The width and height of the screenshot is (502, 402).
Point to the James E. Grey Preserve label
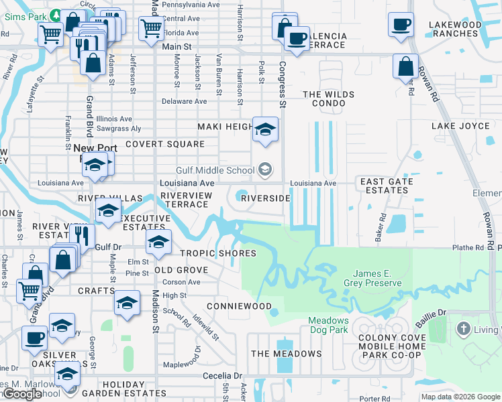pos(377,278)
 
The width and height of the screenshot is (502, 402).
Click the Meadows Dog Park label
pos(328,325)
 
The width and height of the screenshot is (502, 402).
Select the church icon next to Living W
pos(462,329)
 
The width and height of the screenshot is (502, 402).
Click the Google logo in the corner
pos(22,394)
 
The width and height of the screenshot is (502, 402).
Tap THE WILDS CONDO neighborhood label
pos(328,99)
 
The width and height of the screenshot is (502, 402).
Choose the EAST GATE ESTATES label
pos(383,186)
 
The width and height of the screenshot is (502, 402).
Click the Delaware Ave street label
pos(185,102)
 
